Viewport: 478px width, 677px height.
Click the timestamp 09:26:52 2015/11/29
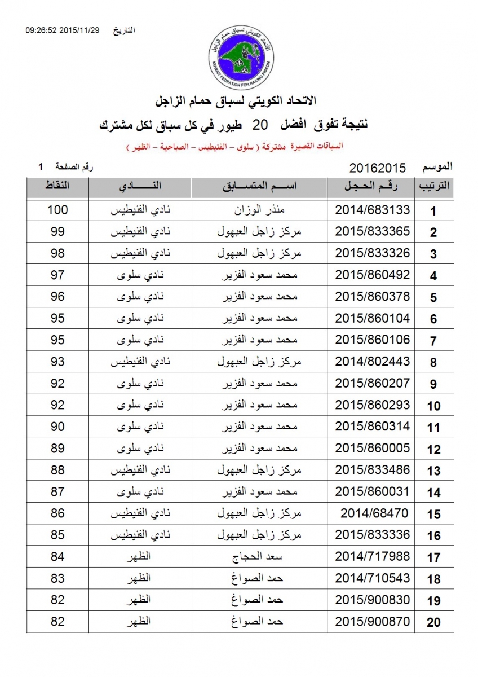click(62, 30)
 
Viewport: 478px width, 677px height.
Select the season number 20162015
click(378, 168)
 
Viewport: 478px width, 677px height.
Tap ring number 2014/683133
click(372, 210)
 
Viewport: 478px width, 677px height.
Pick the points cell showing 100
click(57, 210)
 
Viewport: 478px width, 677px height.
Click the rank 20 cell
click(433, 622)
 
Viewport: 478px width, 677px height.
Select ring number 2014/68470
click(374, 513)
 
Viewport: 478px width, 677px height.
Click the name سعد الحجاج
click(260, 557)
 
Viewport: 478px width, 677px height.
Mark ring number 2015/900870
click(372, 622)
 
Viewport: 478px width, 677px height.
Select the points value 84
click(57, 557)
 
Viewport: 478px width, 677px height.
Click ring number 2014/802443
click(372, 362)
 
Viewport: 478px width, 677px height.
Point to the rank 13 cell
click(433, 471)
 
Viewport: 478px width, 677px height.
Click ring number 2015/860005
click(372, 449)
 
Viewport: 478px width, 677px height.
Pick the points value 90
click(57, 427)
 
